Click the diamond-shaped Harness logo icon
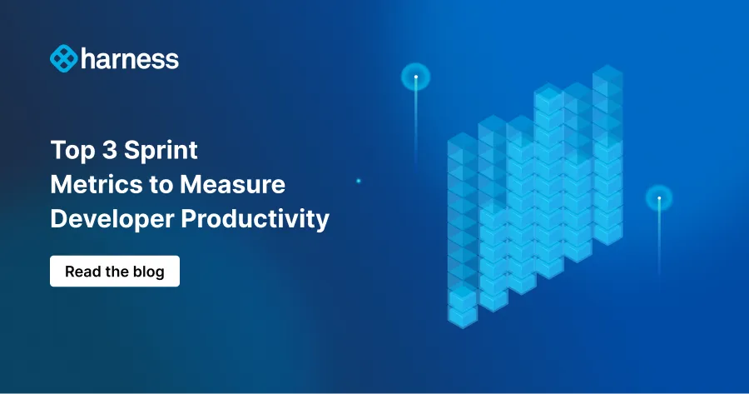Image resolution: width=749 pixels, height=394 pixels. pyautogui.click(x=63, y=58)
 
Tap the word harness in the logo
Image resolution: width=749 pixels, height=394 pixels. pyautogui.click(x=129, y=59)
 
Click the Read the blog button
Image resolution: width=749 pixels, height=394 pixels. pyautogui.click(x=115, y=272)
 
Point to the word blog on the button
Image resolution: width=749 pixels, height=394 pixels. pyautogui.click(x=148, y=272)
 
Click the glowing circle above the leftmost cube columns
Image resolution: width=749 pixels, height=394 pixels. pyautogui.click(x=415, y=77)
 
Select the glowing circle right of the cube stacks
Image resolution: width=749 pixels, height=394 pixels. pyautogui.click(x=658, y=198)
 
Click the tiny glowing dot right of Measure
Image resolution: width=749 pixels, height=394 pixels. pyautogui.click(x=358, y=181)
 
